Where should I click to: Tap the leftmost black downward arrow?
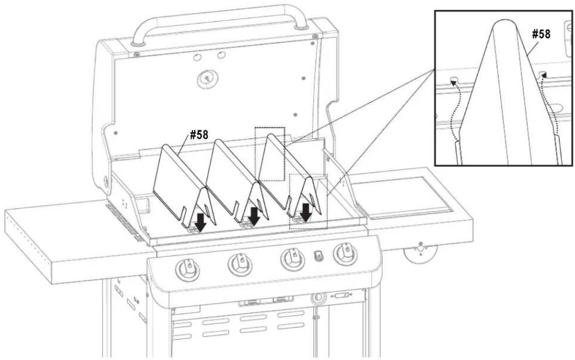(x=200, y=221)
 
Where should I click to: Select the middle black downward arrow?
(x=254, y=216)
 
